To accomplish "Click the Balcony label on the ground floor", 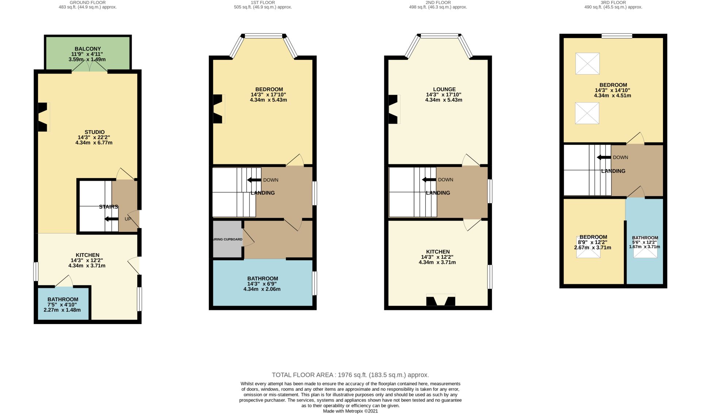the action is click(88, 49).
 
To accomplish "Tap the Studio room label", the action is click(95, 132).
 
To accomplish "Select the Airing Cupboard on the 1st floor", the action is click(227, 239).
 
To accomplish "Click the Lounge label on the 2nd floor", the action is click(444, 89).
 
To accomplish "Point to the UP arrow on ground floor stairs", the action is click(111, 219).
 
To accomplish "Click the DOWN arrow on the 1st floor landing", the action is click(254, 180).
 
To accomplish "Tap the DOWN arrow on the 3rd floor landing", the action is click(604, 157).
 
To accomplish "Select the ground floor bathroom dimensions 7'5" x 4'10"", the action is click(63, 304).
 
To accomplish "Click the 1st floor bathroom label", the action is click(263, 278).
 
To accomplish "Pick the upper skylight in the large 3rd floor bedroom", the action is click(587, 64).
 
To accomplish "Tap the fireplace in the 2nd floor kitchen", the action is click(441, 300).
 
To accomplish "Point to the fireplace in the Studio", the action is click(43, 117).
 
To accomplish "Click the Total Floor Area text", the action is click(350, 375).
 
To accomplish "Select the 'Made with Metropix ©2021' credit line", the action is click(350, 411).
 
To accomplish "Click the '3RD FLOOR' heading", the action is click(613, 3).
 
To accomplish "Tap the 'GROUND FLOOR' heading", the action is click(88, 3).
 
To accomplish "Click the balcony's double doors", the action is click(89, 66).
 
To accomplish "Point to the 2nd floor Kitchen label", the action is click(438, 252).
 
